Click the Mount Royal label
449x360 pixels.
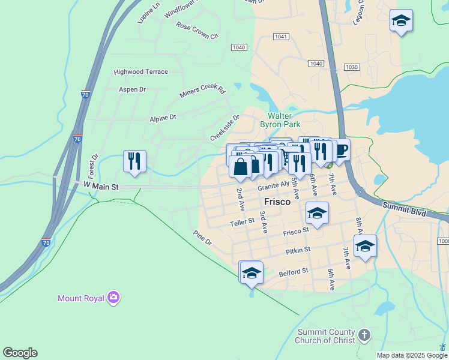pos(80,298)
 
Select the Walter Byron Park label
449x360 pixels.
pos(280,120)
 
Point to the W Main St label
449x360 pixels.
pos(101,187)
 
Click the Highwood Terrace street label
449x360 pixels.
pos(141,71)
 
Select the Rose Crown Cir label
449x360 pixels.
pos(197,31)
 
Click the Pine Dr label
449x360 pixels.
pos(202,238)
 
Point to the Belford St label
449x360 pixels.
pos(294,272)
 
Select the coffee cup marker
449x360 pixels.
pos(340,149)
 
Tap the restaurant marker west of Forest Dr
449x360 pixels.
pos(134,160)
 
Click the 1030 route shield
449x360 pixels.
pos(351,67)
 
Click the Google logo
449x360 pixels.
pos(20,353)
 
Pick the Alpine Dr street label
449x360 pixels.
pos(163,118)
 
